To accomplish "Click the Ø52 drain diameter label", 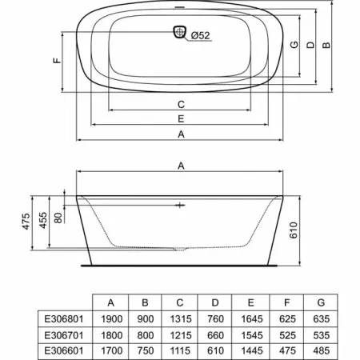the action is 201,35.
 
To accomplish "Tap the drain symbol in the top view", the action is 180,32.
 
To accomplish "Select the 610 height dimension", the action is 293,230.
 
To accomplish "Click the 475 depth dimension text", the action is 26,221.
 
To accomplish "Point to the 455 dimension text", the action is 43,220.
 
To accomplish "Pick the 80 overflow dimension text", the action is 58,218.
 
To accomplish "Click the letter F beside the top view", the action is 58,61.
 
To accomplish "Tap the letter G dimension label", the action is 294,44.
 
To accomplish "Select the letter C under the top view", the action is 181,104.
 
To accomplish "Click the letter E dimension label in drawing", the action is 181,118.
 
